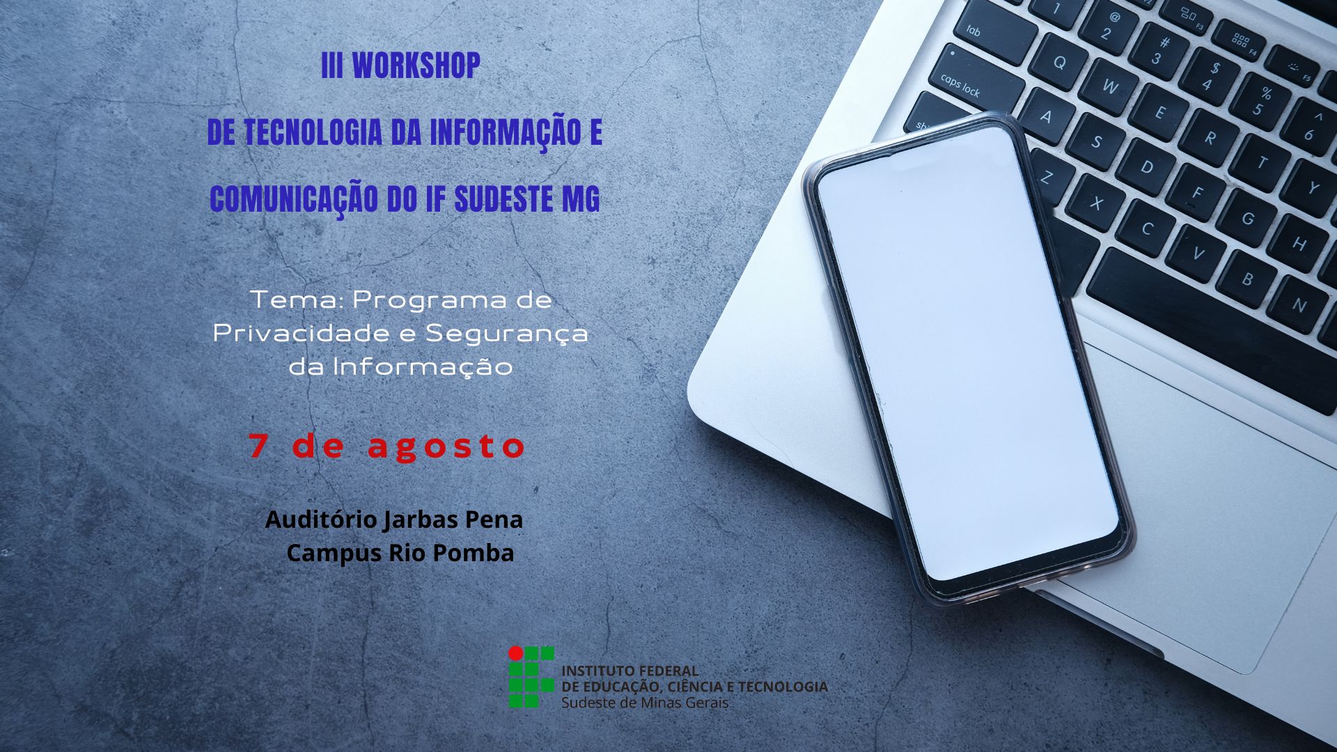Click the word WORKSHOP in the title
tap(416, 66)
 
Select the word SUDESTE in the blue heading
tap(503, 199)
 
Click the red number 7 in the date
tap(258, 446)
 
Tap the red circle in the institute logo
tap(515, 653)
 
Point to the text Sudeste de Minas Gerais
tap(645, 703)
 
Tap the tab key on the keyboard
tap(974, 31)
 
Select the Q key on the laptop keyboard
tap(1059, 63)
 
